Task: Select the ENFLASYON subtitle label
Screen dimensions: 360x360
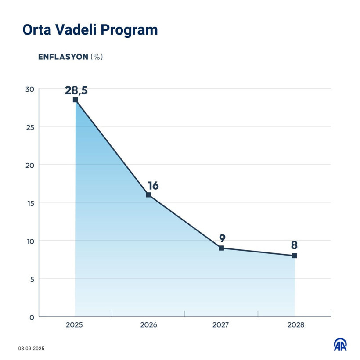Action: [x=63, y=57]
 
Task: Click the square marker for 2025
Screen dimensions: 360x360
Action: [x=75, y=100]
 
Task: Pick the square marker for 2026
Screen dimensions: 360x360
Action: [x=148, y=195]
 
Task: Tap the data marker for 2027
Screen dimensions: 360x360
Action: [x=221, y=248]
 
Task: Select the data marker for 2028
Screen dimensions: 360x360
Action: [x=294, y=256]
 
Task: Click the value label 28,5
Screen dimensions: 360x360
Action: [x=76, y=90]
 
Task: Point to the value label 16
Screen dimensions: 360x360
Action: [x=153, y=185]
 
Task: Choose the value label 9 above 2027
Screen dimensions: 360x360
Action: [x=222, y=238]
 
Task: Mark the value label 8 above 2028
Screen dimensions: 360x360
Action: [x=294, y=245]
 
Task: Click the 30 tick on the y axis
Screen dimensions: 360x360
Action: [x=29, y=89]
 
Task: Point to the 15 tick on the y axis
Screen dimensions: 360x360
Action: [x=29, y=203]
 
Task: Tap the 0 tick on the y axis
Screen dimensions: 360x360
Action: [x=32, y=317]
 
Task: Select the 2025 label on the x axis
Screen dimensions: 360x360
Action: [x=75, y=325]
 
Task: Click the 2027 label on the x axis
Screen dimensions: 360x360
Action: [x=221, y=325]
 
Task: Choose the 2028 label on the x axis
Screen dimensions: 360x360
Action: [x=295, y=325]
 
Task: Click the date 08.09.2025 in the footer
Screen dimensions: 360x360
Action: [x=32, y=349]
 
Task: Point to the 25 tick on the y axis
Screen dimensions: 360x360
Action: [x=29, y=127]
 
